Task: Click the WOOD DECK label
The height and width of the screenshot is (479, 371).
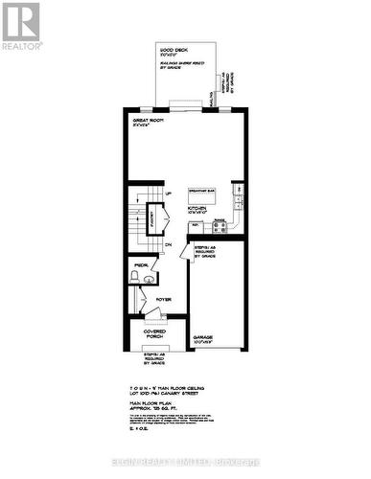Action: (x=173, y=49)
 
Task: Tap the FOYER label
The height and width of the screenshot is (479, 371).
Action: (x=162, y=299)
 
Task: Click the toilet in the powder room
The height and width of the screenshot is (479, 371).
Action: (x=136, y=275)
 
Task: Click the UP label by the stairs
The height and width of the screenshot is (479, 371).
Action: (x=170, y=194)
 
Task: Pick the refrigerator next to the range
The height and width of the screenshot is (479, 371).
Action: (x=196, y=227)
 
